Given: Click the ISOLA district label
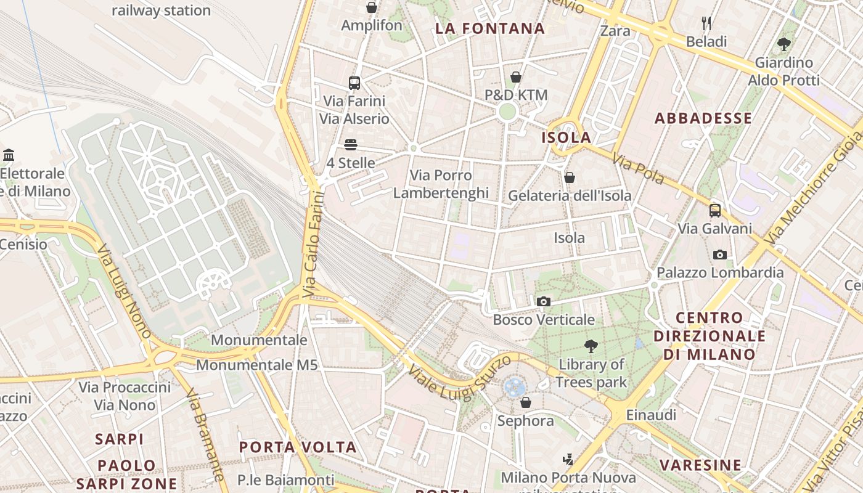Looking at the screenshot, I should click(566, 137).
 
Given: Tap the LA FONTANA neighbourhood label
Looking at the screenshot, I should click(490, 28).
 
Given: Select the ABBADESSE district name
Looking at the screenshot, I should click(703, 118).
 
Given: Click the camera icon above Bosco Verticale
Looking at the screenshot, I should click(543, 301).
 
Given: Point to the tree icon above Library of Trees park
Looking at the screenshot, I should click(591, 346).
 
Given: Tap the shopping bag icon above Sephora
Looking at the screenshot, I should click(526, 402).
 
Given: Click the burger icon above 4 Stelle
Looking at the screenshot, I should click(351, 145).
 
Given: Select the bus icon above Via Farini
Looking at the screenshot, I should click(354, 83).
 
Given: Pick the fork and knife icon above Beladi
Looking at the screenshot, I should click(706, 24).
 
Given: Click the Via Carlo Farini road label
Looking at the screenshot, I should click(314, 245).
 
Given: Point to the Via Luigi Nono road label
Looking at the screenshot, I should click(125, 291).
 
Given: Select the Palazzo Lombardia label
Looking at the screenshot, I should click(719, 272).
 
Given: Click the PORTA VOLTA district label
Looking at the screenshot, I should click(298, 447).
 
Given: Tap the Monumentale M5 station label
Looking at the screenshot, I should click(256, 365).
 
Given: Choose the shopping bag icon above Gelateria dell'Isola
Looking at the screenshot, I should click(570, 177).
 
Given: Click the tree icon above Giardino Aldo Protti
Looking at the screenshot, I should click(783, 44).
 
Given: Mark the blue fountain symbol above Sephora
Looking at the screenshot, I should click(514, 386).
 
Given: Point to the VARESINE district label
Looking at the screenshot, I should click(700, 465).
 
